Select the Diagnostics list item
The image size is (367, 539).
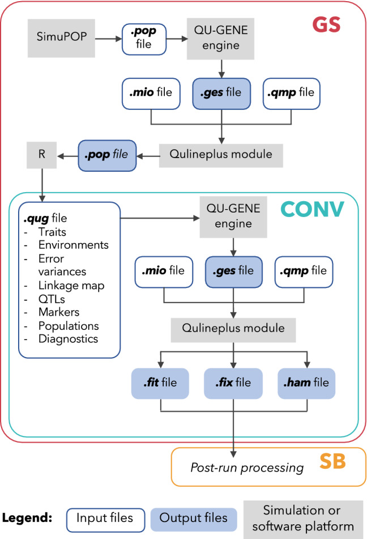pos(68,339)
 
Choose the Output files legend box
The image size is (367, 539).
pos(193,517)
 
